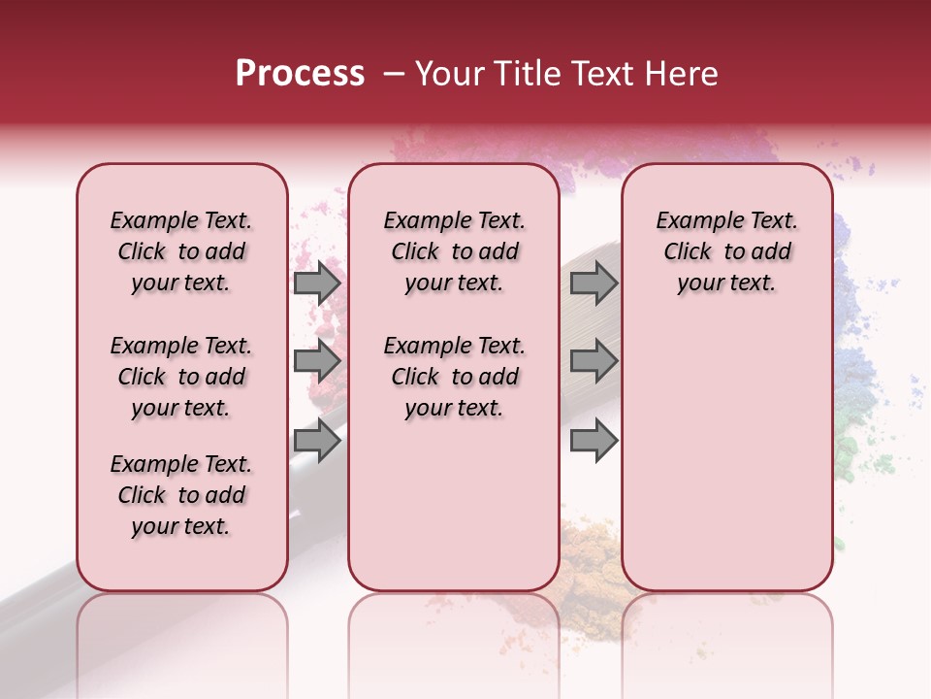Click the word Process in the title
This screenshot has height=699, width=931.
pyautogui.click(x=300, y=74)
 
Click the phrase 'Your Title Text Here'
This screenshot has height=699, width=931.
pyautogui.click(x=566, y=74)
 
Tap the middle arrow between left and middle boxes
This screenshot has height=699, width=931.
pyautogui.click(x=317, y=361)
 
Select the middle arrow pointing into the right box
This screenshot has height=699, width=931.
pyautogui.click(x=594, y=361)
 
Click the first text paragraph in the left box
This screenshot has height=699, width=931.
pyautogui.click(x=181, y=251)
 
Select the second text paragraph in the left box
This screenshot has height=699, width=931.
pyautogui.click(x=181, y=377)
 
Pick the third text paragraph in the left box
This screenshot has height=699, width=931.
pyautogui.click(x=181, y=495)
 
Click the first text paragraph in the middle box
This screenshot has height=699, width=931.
pyautogui.click(x=454, y=251)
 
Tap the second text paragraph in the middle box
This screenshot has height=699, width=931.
pyautogui.click(x=454, y=377)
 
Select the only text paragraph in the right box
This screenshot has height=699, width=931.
pyautogui.click(x=726, y=251)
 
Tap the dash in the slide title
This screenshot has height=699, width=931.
pyautogui.click(x=394, y=74)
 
